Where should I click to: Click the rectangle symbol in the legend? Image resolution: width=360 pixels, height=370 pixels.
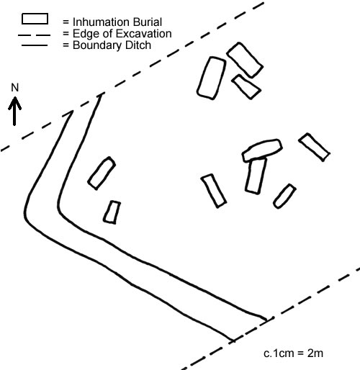click(x=35, y=19)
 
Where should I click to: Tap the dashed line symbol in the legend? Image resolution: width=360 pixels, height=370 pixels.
click(x=34, y=35)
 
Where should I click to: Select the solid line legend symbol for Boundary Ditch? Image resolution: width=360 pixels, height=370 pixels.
click(x=35, y=45)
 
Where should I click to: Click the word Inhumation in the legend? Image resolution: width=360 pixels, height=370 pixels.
click(x=99, y=22)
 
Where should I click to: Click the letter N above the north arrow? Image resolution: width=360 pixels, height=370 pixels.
click(x=15, y=88)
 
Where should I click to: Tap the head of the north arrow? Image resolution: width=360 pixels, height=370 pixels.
click(x=15, y=103)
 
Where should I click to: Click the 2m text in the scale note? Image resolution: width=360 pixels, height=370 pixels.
click(x=315, y=353)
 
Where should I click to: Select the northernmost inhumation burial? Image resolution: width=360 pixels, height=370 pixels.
click(x=245, y=60)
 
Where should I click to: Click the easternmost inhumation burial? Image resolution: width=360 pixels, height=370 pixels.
click(x=314, y=147)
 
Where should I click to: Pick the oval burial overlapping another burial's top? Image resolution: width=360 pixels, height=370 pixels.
click(x=262, y=150)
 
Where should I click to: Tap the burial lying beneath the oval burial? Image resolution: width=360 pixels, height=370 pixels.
click(x=256, y=176)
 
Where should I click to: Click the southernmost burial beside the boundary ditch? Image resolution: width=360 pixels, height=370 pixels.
click(x=112, y=212)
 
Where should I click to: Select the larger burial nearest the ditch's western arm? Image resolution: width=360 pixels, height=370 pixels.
click(x=102, y=173)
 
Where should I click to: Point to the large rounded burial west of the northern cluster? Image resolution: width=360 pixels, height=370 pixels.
click(x=212, y=78)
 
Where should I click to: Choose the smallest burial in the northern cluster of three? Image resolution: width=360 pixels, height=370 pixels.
click(x=246, y=87)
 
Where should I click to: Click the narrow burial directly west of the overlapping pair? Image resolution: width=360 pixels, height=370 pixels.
click(x=214, y=191)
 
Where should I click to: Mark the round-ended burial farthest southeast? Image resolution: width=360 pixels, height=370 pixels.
click(x=284, y=197)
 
